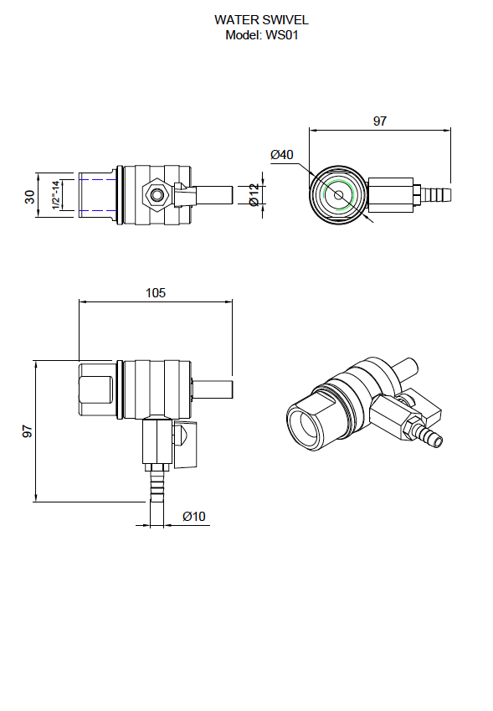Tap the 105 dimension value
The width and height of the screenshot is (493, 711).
156,293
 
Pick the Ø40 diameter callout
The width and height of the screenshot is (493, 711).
281,155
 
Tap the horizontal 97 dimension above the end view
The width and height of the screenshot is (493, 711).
379,121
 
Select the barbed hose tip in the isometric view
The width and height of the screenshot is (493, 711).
433,437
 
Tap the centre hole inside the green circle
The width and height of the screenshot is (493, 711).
339,196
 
